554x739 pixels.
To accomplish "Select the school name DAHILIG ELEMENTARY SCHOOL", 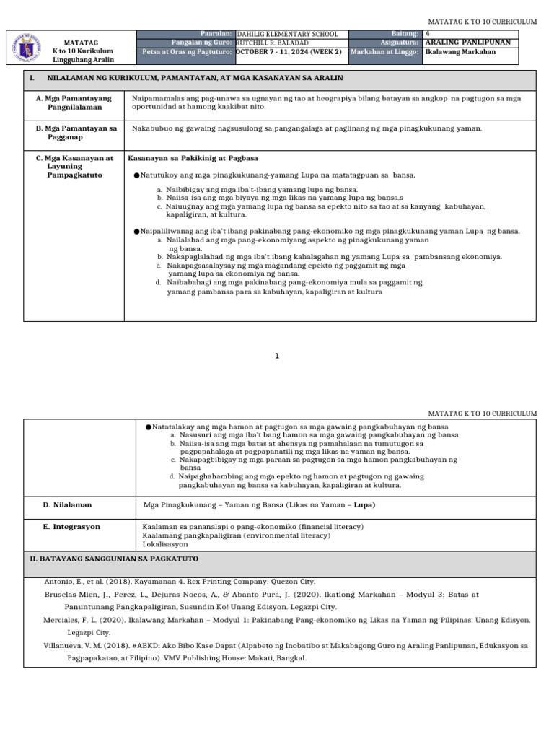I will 287,34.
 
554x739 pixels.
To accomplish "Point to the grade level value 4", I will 428,33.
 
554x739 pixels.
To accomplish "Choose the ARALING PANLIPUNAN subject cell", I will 468,43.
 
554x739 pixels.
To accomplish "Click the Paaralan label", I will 216,34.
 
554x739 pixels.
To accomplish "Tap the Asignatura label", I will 400,43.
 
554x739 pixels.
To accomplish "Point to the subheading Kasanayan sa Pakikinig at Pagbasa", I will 193,158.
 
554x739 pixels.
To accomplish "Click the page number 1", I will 277,355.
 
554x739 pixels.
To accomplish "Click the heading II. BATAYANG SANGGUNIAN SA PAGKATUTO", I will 113,559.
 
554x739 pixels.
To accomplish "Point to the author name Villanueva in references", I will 66,646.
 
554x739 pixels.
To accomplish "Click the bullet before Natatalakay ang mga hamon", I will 148,427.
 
